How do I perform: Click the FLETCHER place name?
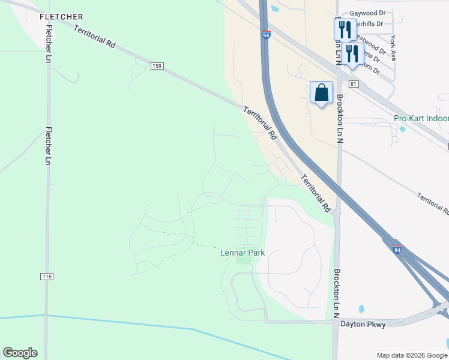click(x=61, y=17)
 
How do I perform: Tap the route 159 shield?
click(x=157, y=65)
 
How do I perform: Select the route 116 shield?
click(x=47, y=277)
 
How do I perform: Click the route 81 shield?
click(x=354, y=84)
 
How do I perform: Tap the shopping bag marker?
click(x=322, y=93)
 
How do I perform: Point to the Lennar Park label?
click(x=243, y=254)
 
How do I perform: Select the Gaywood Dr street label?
click(x=369, y=12)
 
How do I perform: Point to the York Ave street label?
click(x=393, y=49)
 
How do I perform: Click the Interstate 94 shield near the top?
click(x=266, y=35)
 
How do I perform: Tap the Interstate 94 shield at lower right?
click(x=397, y=249)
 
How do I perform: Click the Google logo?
click(x=20, y=353)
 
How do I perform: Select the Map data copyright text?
click(x=411, y=355)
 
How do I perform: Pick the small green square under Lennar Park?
click(x=243, y=259)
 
